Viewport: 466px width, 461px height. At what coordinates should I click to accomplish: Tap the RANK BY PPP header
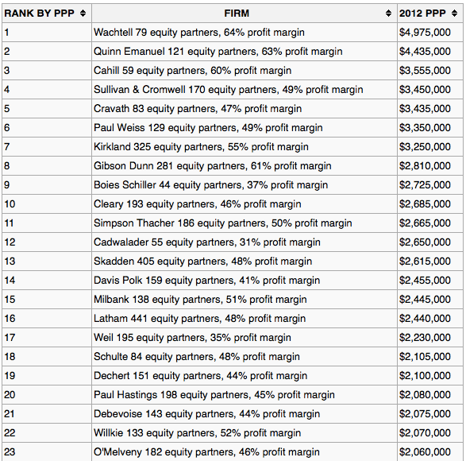[x=40, y=14]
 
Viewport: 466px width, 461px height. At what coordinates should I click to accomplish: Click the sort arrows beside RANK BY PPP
[x=83, y=14]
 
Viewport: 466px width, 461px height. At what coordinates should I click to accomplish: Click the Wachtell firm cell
[x=198, y=33]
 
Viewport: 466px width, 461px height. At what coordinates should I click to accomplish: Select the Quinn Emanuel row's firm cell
[x=218, y=52]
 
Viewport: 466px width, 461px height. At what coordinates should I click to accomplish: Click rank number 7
[x=7, y=147]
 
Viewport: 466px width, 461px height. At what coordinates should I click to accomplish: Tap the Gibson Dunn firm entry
[x=212, y=166]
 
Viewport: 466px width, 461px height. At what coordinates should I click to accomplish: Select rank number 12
[x=10, y=242]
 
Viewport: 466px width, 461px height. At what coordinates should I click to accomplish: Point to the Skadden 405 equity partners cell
[x=202, y=261]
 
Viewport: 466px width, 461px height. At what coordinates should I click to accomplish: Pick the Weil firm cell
[x=192, y=338]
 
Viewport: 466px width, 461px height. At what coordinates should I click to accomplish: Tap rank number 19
[x=10, y=376]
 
